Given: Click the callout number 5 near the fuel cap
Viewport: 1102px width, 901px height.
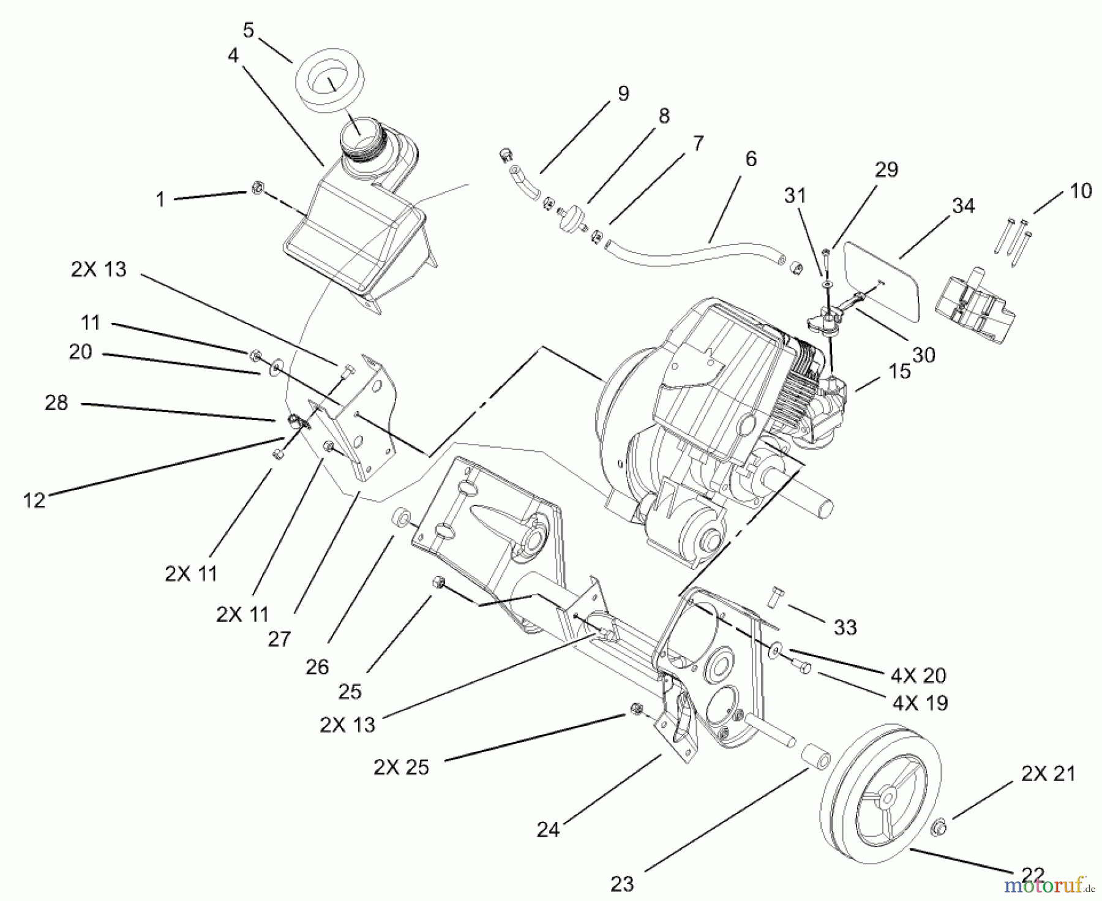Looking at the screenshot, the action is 248,31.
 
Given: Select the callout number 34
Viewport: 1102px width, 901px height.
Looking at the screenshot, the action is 963,206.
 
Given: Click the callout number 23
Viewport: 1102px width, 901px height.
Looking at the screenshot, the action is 622,884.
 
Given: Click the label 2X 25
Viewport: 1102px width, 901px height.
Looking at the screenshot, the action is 401,767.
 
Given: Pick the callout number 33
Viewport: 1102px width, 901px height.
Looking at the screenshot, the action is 845,627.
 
